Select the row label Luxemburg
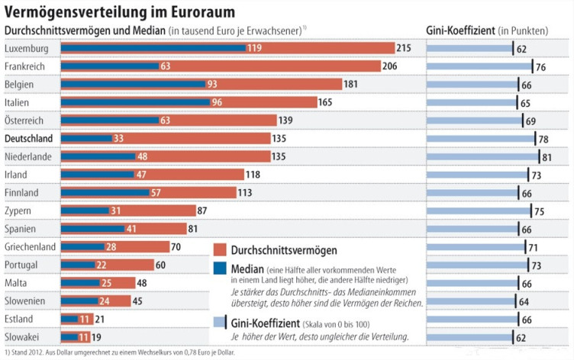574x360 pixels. click(27, 48)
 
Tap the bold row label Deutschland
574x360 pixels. click(29, 138)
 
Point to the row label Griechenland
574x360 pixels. click(31, 246)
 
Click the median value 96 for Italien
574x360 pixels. click(218, 102)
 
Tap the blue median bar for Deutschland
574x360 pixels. click(83, 138)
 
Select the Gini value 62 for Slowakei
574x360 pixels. click(522, 336)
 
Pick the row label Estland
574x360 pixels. click(21, 318)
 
